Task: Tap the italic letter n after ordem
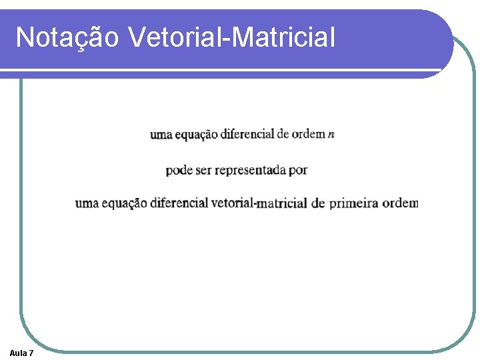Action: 331,134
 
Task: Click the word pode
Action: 179,171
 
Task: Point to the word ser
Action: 204,171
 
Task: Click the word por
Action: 299,171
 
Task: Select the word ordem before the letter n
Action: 309,134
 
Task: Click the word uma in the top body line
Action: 161,135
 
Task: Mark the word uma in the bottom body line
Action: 87,203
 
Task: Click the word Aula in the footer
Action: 18,353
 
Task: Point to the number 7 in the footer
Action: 32,353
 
